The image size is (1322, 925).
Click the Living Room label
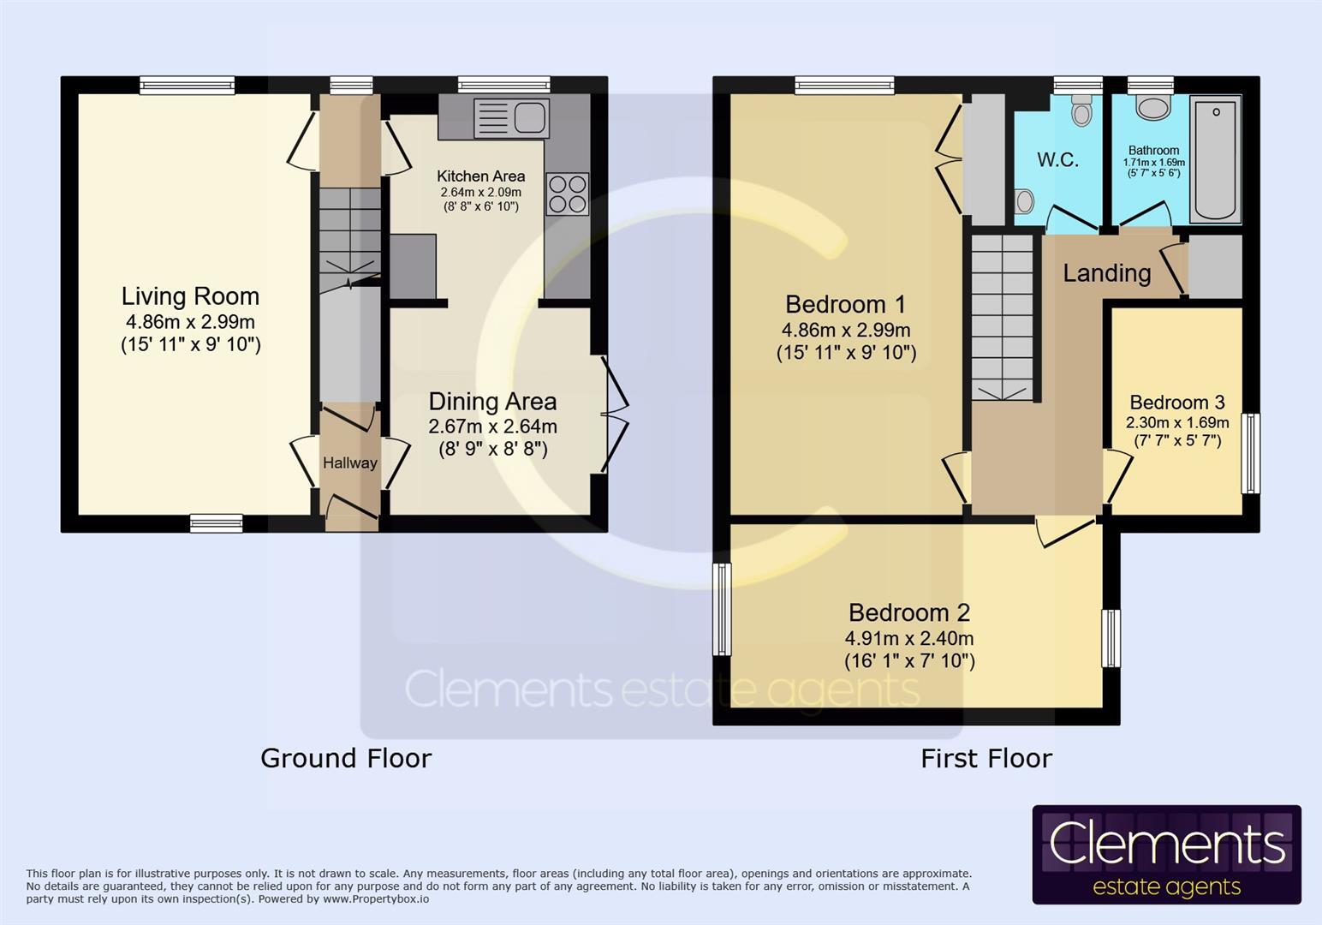pyautogui.click(x=190, y=296)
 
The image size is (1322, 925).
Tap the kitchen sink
pyautogui.click(x=510, y=117)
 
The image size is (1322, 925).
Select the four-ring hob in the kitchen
pyautogui.click(x=568, y=194)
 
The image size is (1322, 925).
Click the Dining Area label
pyautogui.click(x=492, y=402)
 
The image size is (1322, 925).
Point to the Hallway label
pyautogui.click(x=349, y=463)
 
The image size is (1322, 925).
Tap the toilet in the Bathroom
pyautogui.click(x=1152, y=108)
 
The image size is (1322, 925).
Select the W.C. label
pyautogui.click(x=1057, y=160)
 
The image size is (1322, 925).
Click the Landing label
pyautogui.click(x=1106, y=273)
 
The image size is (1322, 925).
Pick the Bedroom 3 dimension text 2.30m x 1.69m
pyautogui.click(x=1176, y=422)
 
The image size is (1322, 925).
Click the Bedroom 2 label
pyautogui.click(x=908, y=613)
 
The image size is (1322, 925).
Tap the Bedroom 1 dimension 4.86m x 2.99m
pyautogui.click(x=845, y=330)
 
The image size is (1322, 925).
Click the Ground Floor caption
pyautogui.click(x=346, y=758)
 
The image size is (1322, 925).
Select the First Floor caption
pyautogui.click(x=986, y=758)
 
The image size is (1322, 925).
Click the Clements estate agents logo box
pyautogui.click(x=1166, y=854)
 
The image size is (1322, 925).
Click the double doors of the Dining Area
pyautogui.click(x=615, y=414)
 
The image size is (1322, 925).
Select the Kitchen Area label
pyautogui.click(x=480, y=176)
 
